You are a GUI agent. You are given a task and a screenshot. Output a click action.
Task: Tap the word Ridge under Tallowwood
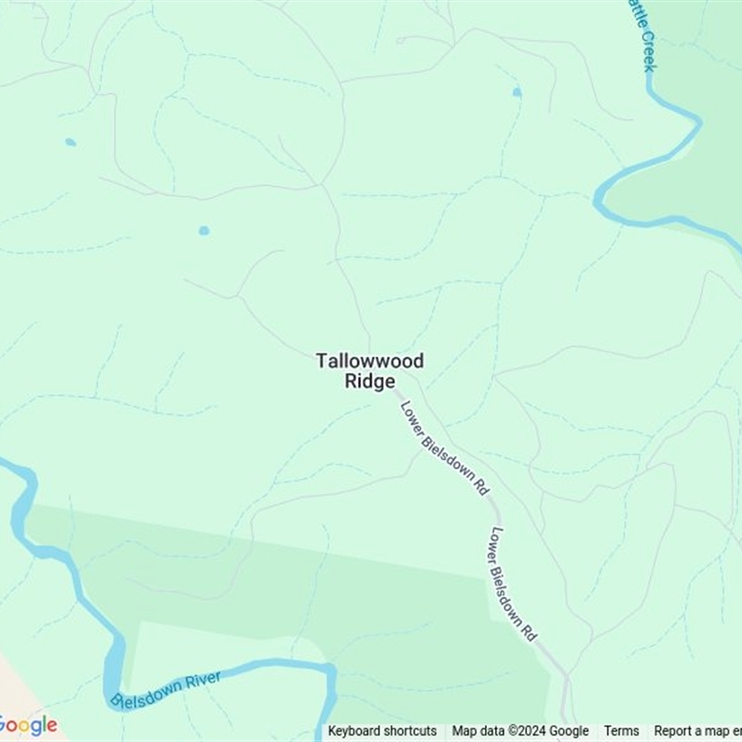370,381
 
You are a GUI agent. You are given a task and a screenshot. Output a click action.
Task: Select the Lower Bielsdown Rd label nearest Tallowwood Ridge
444,448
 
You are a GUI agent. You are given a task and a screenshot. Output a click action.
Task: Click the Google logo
28,725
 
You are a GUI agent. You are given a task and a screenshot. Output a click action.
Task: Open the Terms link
621,731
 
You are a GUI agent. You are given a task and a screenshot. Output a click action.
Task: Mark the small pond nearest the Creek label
517,93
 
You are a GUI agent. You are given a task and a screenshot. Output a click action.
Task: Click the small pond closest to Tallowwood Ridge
204,230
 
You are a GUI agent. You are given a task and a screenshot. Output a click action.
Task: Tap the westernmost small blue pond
70,142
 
